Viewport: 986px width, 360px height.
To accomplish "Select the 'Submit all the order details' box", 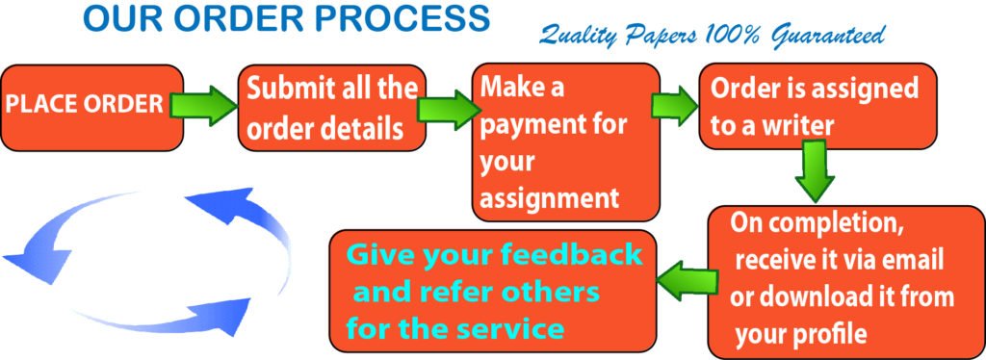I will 331,108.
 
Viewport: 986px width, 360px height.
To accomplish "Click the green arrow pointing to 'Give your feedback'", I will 686,280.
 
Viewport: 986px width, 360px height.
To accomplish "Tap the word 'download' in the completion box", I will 811,297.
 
